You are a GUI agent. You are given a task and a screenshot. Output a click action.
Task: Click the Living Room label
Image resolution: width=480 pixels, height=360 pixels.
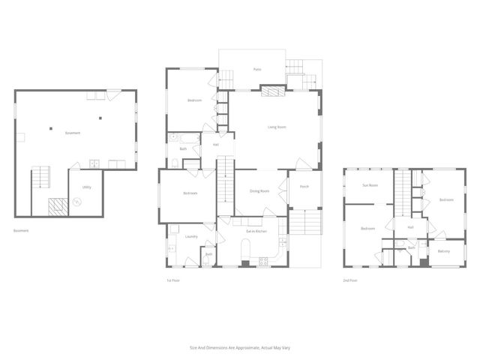coord(277,127)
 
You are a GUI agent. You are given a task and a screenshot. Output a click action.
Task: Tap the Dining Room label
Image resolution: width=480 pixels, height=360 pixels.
coord(259,191)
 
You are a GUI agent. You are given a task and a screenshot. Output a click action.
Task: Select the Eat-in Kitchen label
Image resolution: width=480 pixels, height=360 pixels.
coord(256,231)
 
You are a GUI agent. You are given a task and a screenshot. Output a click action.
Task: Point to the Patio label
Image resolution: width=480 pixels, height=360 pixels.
coord(256,69)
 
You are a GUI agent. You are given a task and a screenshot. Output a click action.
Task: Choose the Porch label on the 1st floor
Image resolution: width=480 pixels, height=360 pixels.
coord(304,186)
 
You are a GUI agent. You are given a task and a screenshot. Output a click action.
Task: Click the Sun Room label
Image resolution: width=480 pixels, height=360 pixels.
coord(370,184)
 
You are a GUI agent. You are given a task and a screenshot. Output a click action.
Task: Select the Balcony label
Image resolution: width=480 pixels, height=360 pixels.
coord(444,251)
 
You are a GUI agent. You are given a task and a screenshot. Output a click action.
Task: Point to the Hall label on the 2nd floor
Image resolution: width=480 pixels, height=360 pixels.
coord(410,227)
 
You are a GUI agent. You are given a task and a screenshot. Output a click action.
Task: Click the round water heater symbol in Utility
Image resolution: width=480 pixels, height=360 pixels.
coord(76,201)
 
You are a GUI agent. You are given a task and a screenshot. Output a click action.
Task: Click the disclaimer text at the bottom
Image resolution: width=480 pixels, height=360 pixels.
coord(240,347)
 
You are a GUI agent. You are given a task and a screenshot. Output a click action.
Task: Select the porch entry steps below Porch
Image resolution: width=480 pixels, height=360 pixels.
coord(304,223)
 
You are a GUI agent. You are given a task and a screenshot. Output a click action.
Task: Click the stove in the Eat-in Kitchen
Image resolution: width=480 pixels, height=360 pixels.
coord(263,262)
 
